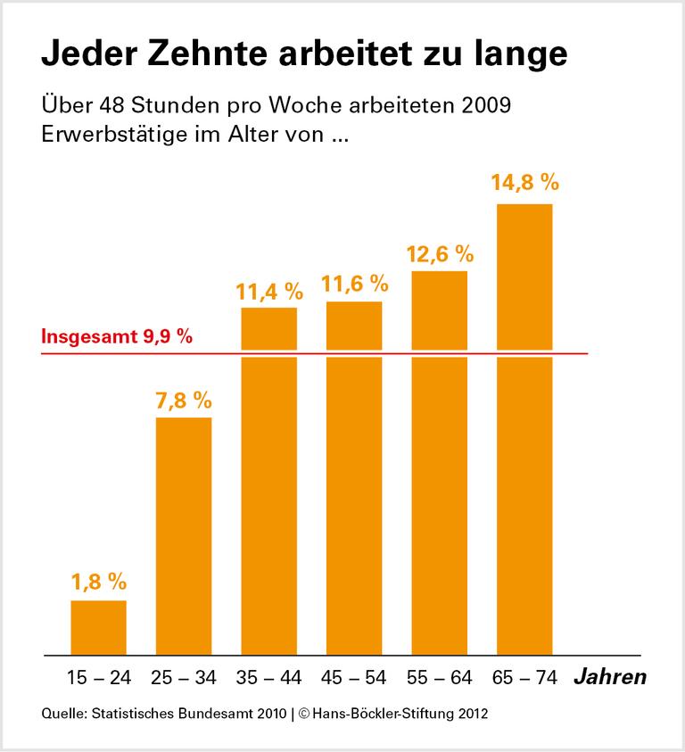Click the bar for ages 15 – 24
click(98, 627)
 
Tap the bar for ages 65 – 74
click(524, 428)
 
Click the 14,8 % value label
click(524, 184)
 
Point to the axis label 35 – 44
click(269, 678)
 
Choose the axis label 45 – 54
click(354, 678)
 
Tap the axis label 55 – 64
click(440, 678)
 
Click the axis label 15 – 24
click(98, 678)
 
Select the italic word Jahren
click(609, 677)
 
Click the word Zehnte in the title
click(219, 54)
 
